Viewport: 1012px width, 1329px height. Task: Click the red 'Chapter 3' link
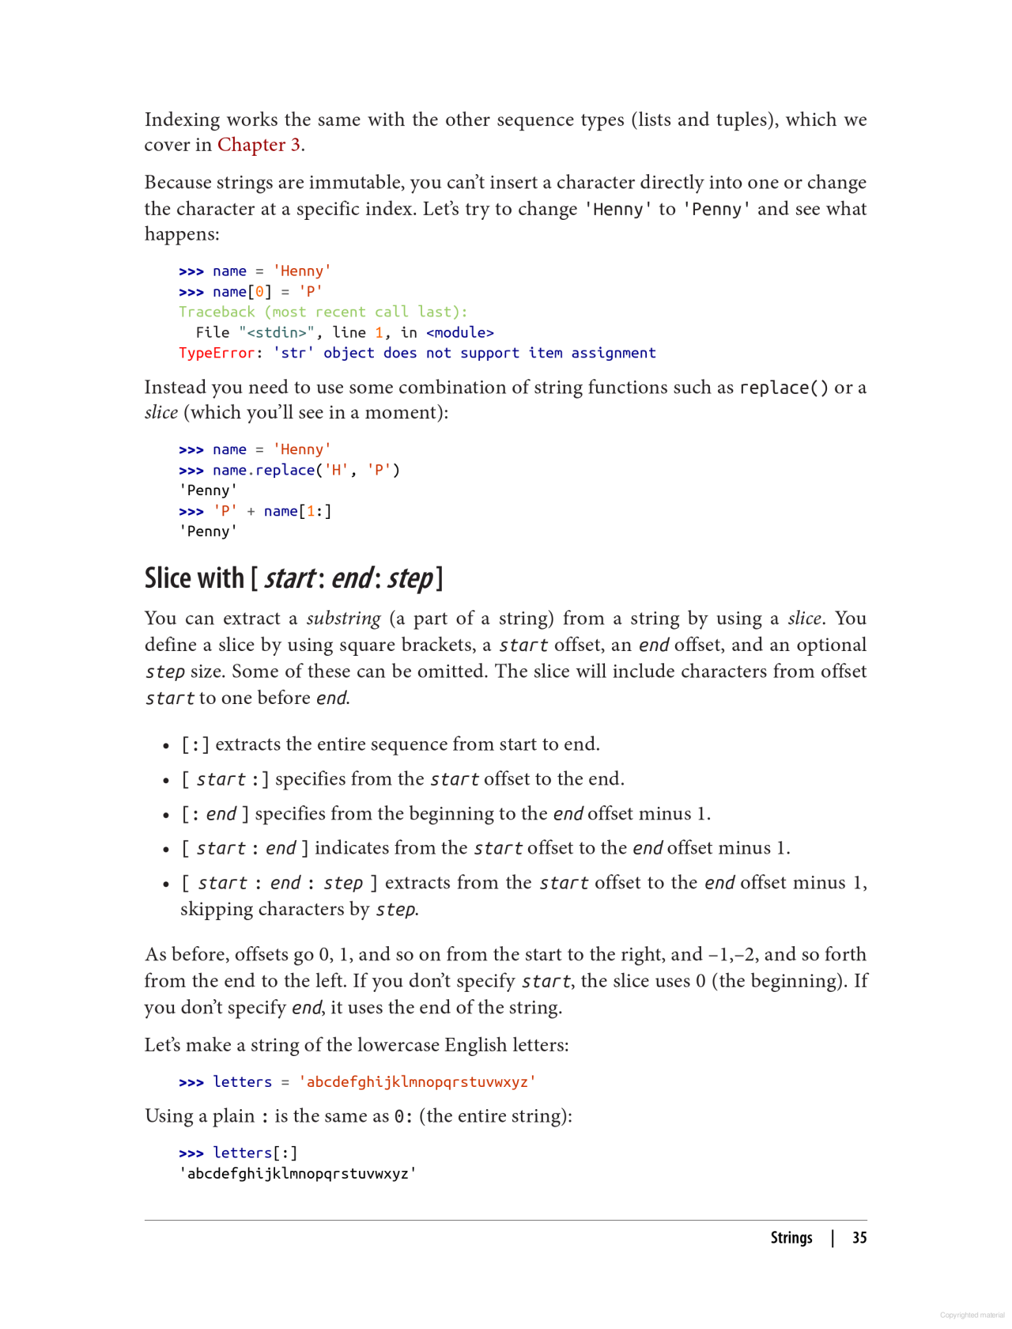tap(259, 145)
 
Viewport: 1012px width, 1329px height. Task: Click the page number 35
tap(859, 1238)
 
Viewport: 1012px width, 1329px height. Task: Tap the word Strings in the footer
tap(791, 1238)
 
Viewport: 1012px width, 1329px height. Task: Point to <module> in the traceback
tap(460, 332)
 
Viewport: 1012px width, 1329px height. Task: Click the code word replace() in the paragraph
tap(784, 388)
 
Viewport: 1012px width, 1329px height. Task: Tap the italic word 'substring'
tap(343, 619)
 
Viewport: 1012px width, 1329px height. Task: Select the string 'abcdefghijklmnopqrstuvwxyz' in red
tap(417, 1081)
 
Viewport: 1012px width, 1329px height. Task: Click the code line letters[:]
tap(255, 1153)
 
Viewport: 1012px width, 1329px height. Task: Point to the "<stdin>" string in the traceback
tap(277, 332)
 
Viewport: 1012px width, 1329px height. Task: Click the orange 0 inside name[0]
tap(259, 291)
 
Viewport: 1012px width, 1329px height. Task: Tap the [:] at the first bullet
tap(195, 744)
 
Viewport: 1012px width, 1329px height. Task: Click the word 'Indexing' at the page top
tap(182, 119)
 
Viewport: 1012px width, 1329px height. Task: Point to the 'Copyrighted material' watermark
tap(972, 1315)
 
